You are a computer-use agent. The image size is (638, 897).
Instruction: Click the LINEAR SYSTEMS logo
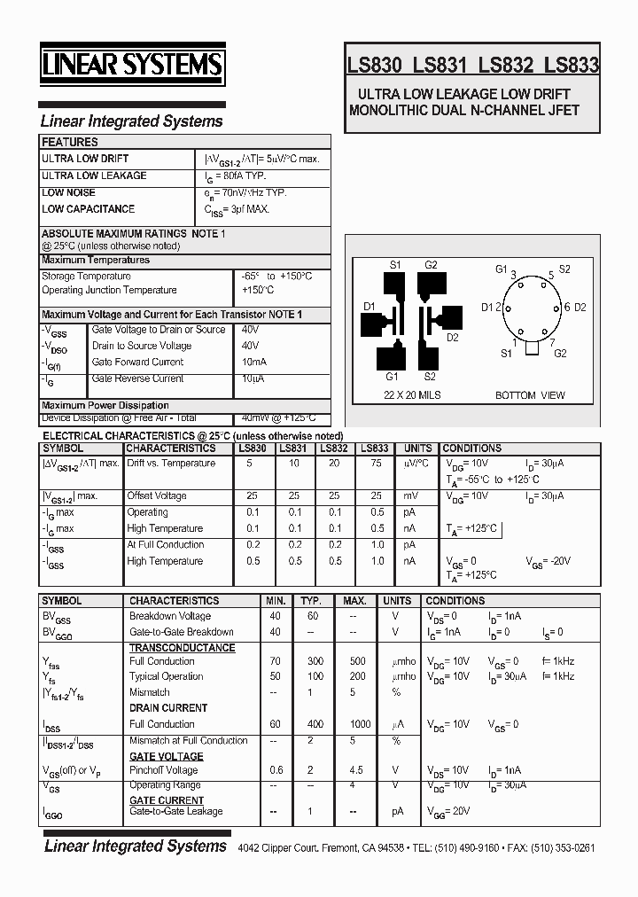[133, 65]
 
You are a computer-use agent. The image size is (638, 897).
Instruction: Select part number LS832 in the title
[505, 65]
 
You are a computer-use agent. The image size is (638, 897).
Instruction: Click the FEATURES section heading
[70, 142]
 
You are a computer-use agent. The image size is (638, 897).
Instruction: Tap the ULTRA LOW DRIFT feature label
[85, 159]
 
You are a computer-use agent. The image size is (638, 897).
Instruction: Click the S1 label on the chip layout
[395, 265]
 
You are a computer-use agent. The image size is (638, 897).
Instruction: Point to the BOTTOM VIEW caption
[530, 395]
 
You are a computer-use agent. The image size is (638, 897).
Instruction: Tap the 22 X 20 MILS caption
[412, 395]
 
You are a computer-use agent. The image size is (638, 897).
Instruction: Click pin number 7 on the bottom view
[553, 342]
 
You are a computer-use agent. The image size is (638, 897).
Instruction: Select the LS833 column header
[374, 448]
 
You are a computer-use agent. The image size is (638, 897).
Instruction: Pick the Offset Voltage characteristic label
[157, 496]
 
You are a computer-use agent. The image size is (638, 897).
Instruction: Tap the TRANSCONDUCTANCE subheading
[182, 648]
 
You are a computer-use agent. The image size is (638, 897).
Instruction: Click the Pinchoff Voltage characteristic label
[164, 770]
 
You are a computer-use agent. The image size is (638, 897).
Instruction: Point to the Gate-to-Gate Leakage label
[175, 811]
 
